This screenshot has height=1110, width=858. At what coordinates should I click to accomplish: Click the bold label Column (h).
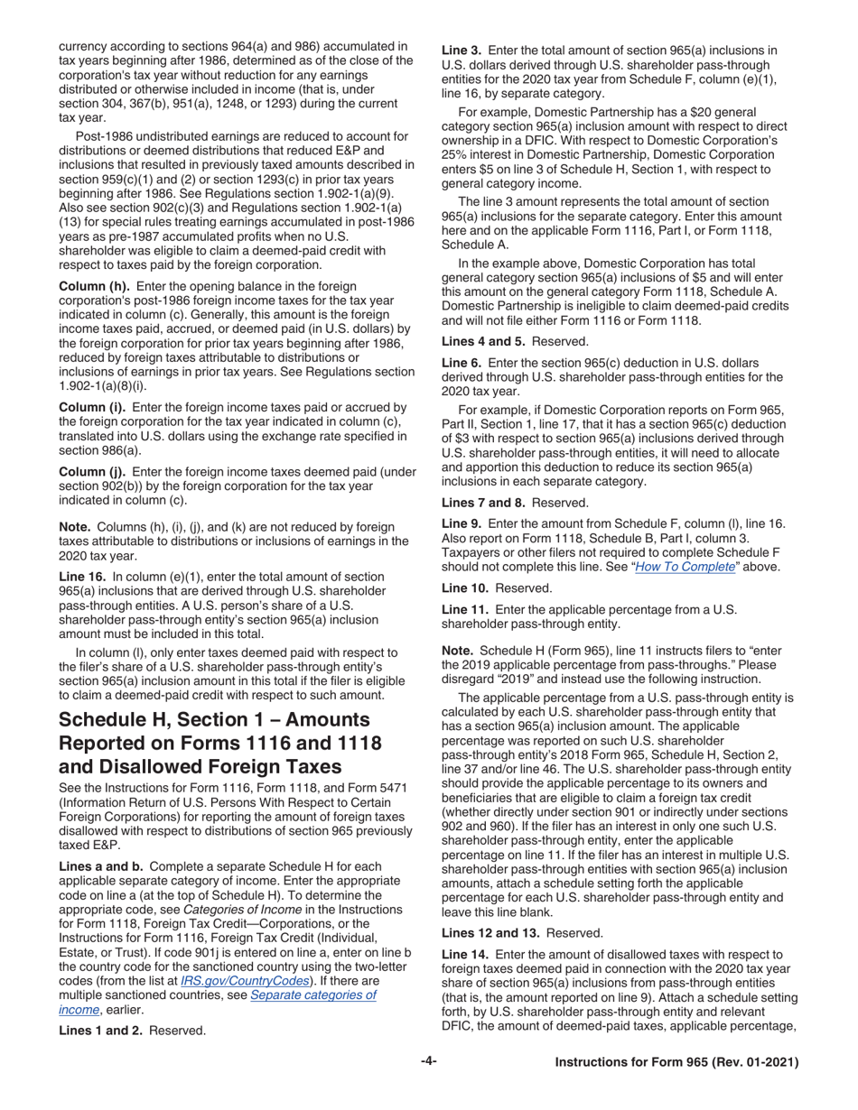94,286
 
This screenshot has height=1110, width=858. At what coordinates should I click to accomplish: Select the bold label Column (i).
92,408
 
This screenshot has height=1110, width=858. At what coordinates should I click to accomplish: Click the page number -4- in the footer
429,1062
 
